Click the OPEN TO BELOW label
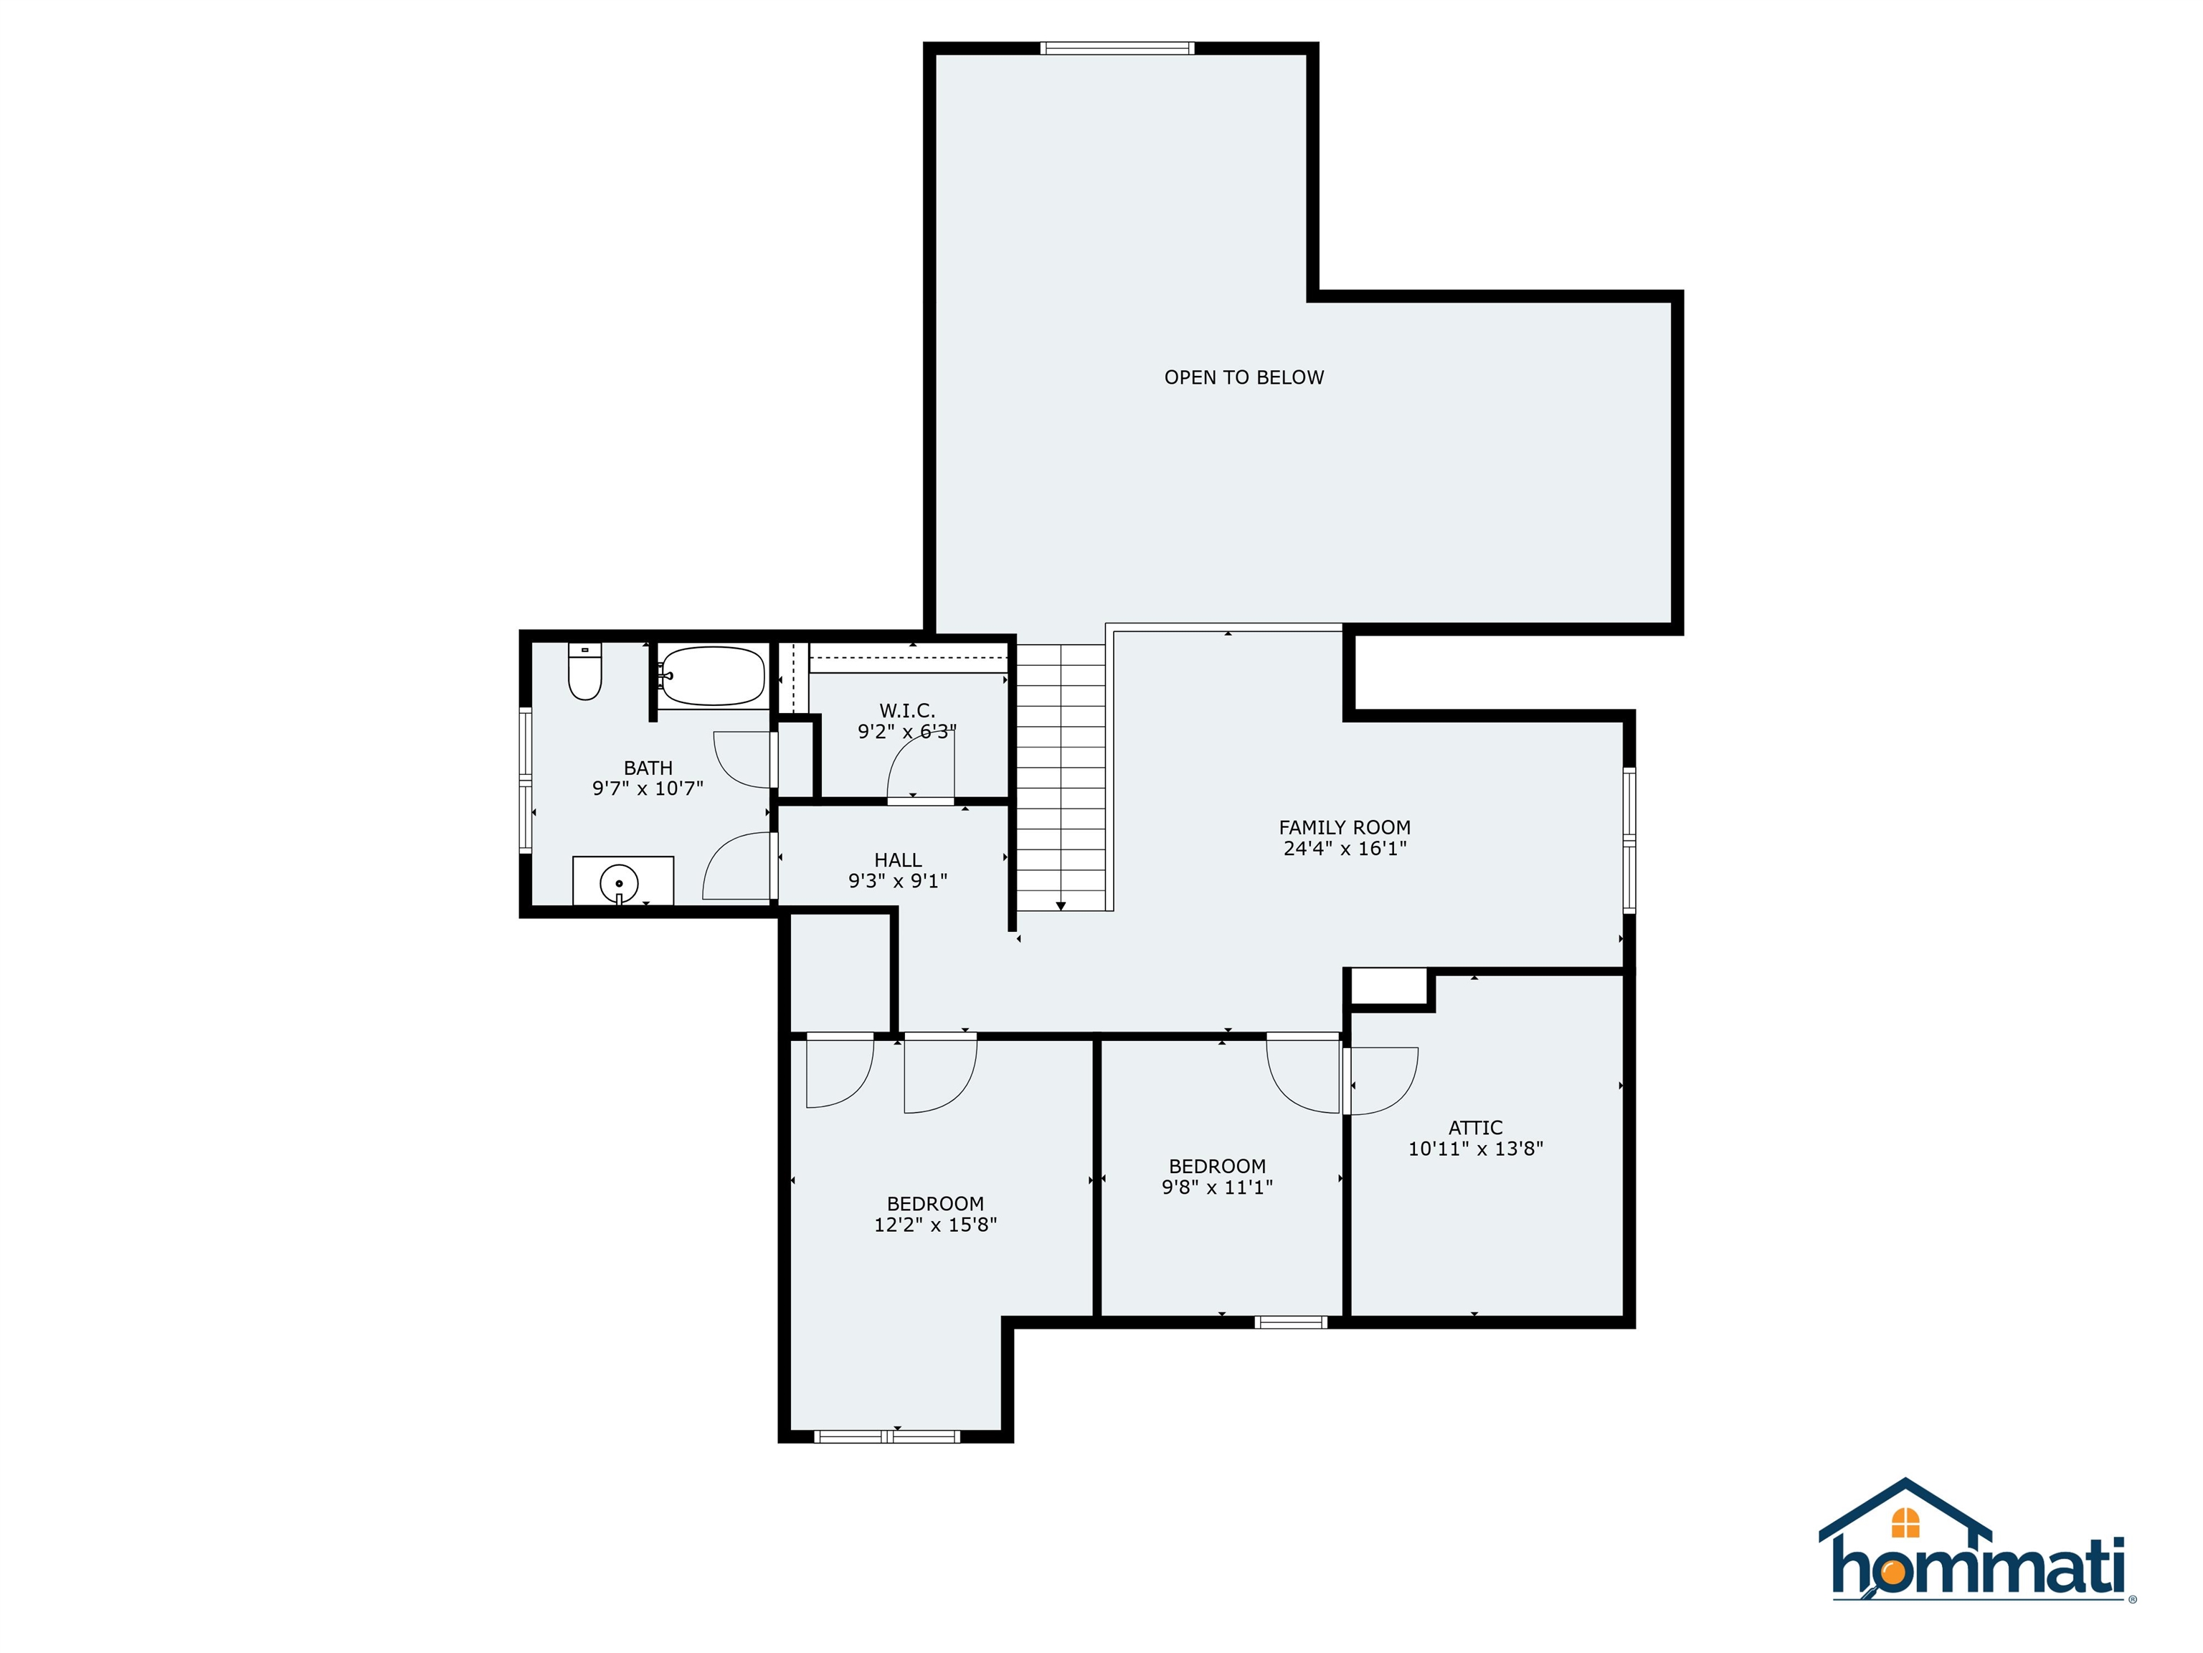point(1244,377)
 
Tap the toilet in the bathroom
point(584,672)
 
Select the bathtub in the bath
point(713,677)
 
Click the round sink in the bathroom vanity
point(620,882)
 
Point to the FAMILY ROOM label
point(1345,827)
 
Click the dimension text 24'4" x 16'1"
point(1345,849)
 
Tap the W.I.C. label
point(906,710)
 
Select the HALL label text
point(897,859)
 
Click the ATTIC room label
point(1475,1127)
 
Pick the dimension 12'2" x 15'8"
point(935,1225)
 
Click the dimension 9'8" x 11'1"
point(1217,1187)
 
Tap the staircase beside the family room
point(1061,777)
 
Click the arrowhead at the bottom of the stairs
point(1061,905)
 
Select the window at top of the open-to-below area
point(1117,48)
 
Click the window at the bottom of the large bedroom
point(886,1436)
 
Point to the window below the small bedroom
point(1291,1322)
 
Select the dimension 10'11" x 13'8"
point(1475,1149)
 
